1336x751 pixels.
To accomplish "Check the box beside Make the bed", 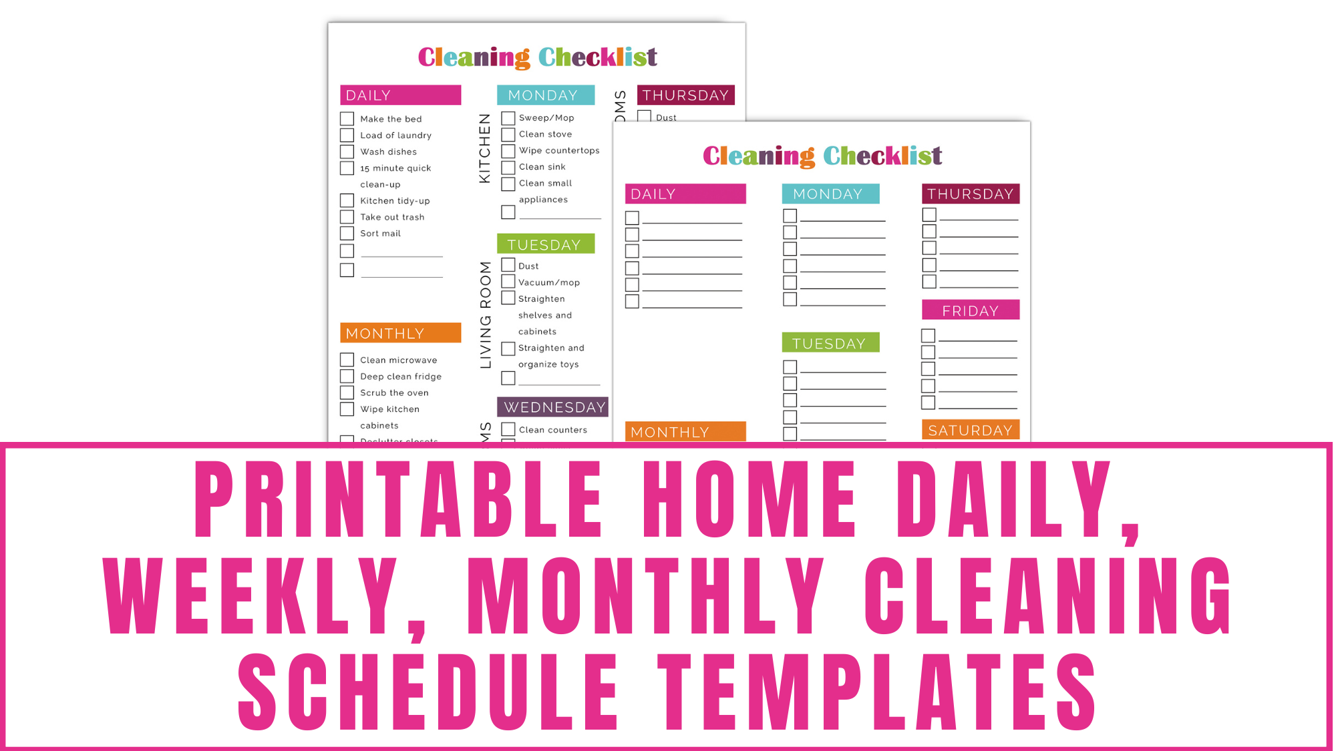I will pyautogui.click(x=347, y=119).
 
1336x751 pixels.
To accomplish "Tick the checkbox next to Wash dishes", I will pyautogui.click(x=347, y=152).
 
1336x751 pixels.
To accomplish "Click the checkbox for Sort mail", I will pyautogui.click(x=347, y=233).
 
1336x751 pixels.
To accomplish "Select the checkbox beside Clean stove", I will pyautogui.click(x=508, y=134).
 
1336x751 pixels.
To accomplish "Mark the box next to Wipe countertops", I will pyautogui.click(x=508, y=151).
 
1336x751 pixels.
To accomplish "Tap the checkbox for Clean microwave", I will pyautogui.click(x=347, y=360).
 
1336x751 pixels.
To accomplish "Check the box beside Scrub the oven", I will pyautogui.click(x=347, y=393).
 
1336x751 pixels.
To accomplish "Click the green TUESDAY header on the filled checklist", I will pyautogui.click(x=545, y=244).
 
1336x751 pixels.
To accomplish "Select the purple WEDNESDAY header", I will pyautogui.click(x=553, y=407).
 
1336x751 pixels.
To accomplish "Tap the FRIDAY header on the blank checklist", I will pyautogui.click(x=970, y=310).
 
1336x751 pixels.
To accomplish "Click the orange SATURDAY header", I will pyautogui.click(x=970, y=430).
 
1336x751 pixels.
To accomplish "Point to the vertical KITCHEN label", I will pyautogui.click(x=485, y=148).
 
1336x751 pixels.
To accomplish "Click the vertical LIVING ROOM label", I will pyautogui.click(x=486, y=314).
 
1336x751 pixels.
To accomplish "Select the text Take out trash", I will pyautogui.click(x=392, y=217).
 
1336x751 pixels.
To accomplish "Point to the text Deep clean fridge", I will pyautogui.click(x=401, y=377).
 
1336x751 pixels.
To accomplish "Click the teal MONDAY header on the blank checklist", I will pyautogui.click(x=830, y=194).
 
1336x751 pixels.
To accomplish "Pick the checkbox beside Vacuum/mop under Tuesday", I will pyautogui.click(x=508, y=282).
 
